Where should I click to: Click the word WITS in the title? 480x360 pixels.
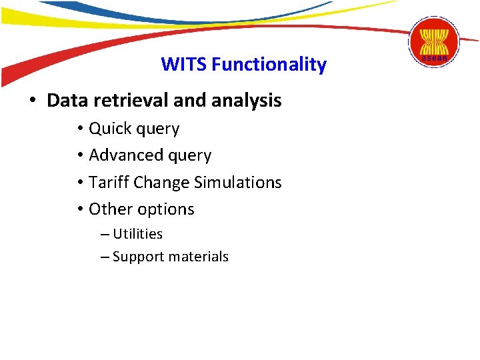[184, 65]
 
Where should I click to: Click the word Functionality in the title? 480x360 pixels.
[269, 65]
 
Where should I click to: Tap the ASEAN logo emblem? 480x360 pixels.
[434, 41]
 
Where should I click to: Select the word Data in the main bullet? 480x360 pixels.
[68, 101]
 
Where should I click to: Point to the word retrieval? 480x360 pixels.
[130, 101]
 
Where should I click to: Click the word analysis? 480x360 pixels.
[246, 101]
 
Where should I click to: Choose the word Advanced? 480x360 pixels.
[127, 155]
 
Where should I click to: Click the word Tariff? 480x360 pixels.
[109, 182]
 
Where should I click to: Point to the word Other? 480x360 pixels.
[109, 209]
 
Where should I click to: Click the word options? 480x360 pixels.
[165, 209]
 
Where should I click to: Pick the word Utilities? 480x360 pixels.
[137, 234]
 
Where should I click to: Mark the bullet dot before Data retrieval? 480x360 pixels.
[32, 101]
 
